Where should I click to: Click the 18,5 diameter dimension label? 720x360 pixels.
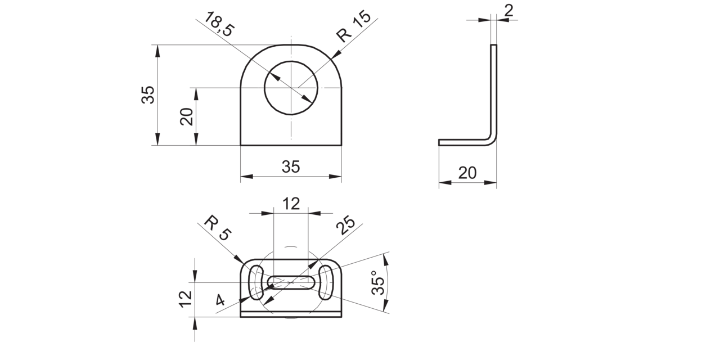[219, 24]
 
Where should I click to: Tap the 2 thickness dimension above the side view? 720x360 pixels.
[509, 11]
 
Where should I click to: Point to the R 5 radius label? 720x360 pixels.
[218, 228]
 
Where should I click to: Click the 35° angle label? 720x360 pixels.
[378, 282]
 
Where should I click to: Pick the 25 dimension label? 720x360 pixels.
[345, 225]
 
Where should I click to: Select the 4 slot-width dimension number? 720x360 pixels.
[220, 300]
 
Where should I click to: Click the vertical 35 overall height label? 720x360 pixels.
[148, 94]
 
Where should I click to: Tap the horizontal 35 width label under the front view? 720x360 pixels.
[291, 167]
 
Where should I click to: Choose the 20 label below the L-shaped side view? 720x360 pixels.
[467, 173]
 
